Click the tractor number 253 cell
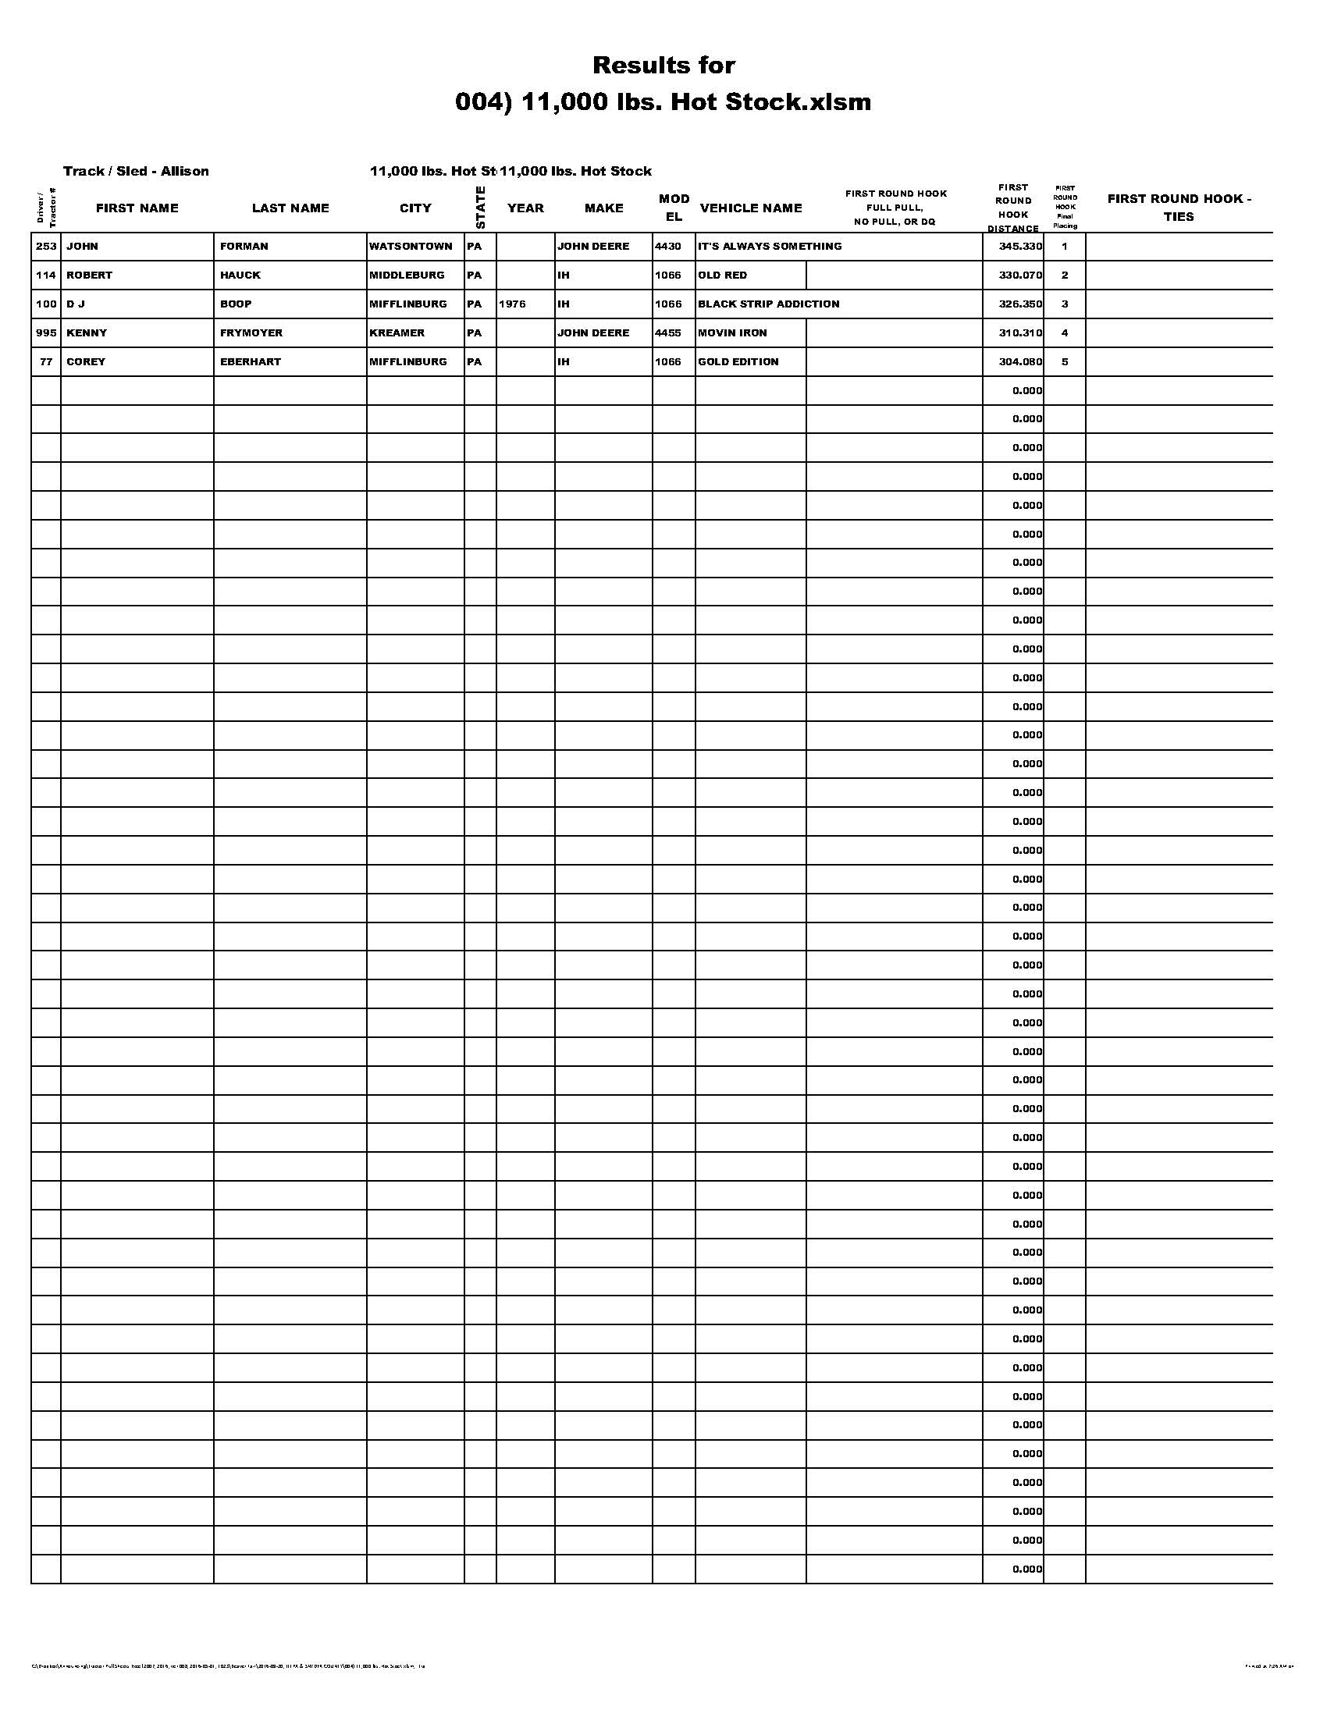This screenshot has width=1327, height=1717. (46, 246)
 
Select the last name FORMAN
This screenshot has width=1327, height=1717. (244, 246)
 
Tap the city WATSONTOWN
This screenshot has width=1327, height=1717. (411, 246)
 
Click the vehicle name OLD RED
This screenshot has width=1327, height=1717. (723, 276)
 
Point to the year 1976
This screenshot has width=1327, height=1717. (512, 304)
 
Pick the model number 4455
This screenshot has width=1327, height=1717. (668, 332)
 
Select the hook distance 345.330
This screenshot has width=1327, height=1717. (1020, 246)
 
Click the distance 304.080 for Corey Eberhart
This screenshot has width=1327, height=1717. (1020, 361)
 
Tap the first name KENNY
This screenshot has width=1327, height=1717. (87, 332)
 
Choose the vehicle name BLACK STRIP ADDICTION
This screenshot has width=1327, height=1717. (768, 304)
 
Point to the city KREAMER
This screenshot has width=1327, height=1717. (397, 332)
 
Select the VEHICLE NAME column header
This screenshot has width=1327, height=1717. (751, 208)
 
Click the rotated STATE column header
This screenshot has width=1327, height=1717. (480, 208)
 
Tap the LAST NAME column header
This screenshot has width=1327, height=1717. (290, 208)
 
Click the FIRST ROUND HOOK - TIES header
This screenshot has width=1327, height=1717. (1179, 208)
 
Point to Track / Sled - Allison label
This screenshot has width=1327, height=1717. (136, 172)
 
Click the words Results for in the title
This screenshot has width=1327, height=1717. (663, 66)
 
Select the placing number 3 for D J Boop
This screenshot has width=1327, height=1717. (1065, 304)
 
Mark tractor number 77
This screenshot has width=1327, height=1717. (46, 361)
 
